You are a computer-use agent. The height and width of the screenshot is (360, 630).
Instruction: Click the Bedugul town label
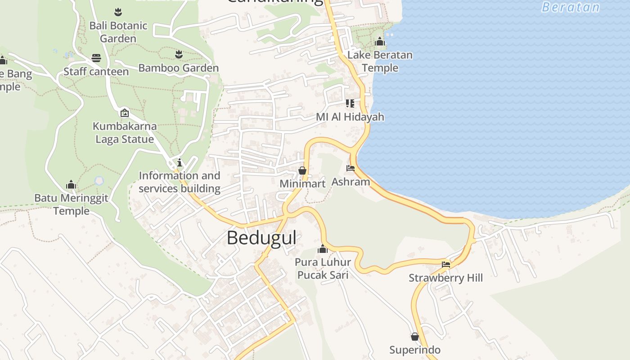pyautogui.click(x=261, y=238)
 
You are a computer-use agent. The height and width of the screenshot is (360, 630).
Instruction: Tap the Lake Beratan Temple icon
pyautogui.click(x=380, y=42)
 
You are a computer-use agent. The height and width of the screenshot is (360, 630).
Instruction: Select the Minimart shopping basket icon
pyautogui.click(x=302, y=171)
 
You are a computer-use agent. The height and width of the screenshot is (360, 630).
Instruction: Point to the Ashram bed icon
pyautogui.click(x=351, y=168)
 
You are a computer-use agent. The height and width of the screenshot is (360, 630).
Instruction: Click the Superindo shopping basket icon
pyautogui.click(x=415, y=337)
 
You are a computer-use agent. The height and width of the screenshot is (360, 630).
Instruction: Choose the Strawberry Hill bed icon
pyautogui.click(x=446, y=264)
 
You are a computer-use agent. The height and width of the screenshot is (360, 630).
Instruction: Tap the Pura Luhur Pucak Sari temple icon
pyautogui.click(x=322, y=249)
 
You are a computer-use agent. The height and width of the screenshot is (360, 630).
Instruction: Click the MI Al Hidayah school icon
pyautogui.click(x=350, y=103)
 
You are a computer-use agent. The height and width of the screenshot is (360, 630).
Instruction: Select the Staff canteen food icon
pyautogui.click(x=96, y=58)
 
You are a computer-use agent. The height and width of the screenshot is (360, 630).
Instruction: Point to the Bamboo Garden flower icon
pyautogui.click(x=179, y=54)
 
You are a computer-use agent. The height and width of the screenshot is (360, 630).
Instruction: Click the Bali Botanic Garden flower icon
pyautogui.click(x=118, y=11)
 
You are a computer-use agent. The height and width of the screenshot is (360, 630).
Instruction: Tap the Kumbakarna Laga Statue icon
pyautogui.click(x=124, y=112)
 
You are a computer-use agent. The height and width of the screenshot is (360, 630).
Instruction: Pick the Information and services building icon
pyautogui.click(x=180, y=162)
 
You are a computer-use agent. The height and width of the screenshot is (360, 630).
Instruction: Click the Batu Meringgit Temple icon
pyautogui.click(x=71, y=184)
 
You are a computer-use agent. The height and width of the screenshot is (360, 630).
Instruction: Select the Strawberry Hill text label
pyautogui.click(x=445, y=278)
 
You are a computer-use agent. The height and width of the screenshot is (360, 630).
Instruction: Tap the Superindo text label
pyautogui.click(x=415, y=350)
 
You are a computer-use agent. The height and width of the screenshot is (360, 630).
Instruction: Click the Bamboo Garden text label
pyautogui.click(x=179, y=68)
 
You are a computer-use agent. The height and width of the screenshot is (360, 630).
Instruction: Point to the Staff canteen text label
pyautogui.click(x=96, y=72)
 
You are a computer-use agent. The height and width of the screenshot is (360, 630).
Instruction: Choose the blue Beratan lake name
pyautogui.click(x=571, y=7)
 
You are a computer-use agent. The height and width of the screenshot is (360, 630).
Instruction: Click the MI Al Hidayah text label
pyautogui.click(x=350, y=117)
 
